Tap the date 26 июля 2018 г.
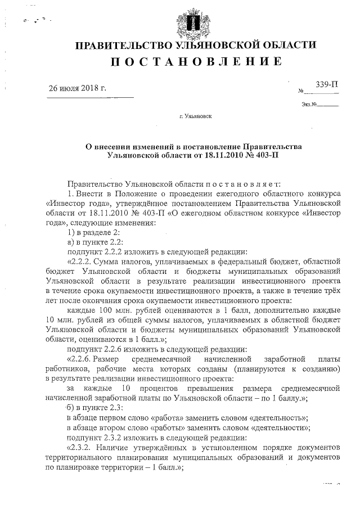pyautogui.click(x=77, y=89)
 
